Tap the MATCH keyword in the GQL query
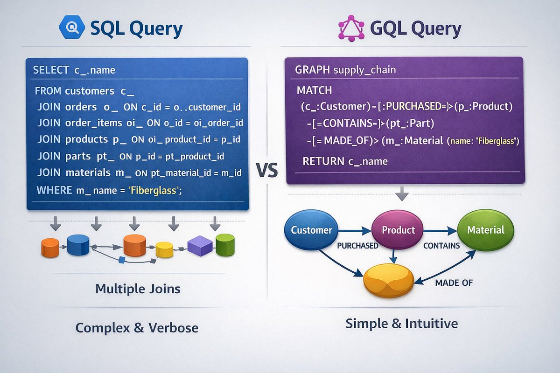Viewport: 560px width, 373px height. (314, 90)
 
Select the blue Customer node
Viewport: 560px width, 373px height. (311, 230)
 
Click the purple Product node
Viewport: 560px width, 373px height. (398, 230)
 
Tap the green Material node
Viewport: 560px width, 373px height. (486, 230)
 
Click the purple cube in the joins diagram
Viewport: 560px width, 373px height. (200, 245)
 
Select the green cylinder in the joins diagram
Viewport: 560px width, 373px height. (224, 244)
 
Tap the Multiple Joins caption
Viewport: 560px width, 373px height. (138, 289)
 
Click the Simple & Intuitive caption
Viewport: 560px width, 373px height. (402, 323)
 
